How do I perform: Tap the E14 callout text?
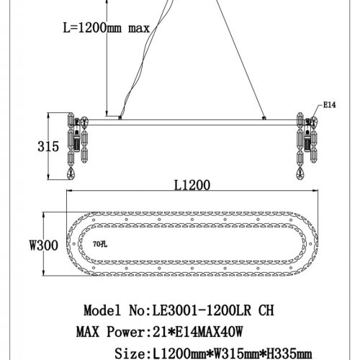[x=330, y=104]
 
